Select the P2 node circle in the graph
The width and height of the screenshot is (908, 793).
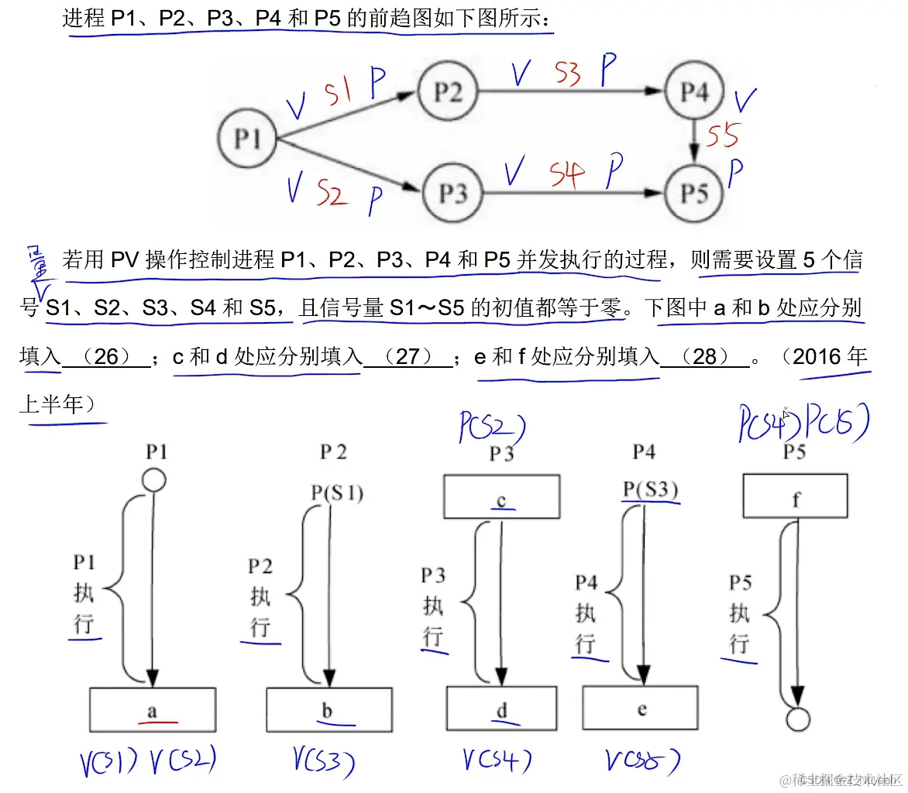(448, 92)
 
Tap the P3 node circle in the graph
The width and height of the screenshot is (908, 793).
(452, 192)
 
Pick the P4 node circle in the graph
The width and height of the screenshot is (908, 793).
(694, 92)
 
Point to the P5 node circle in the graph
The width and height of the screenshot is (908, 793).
(694, 192)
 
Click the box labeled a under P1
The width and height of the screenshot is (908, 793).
(153, 709)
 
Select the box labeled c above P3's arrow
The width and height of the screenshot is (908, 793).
(501, 496)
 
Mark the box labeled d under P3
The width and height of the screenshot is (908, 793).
(501, 709)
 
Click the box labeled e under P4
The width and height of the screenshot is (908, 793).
(641, 709)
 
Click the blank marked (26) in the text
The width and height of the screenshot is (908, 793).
(106, 356)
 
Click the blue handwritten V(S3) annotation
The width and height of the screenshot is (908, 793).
(324, 764)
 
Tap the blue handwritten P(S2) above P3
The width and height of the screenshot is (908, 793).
(492, 427)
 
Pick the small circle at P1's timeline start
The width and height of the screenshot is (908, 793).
(153, 481)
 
